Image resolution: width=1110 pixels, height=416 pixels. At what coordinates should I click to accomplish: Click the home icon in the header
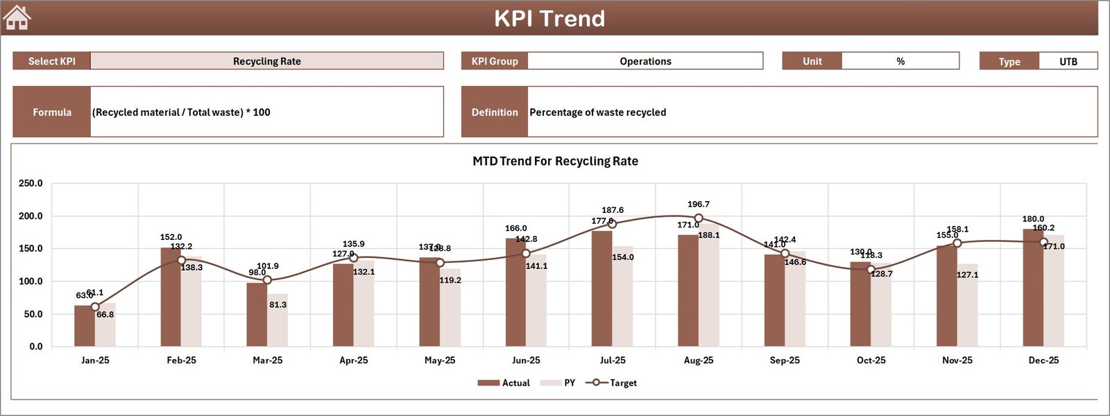(17, 17)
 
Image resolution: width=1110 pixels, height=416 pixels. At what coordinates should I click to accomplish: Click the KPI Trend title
(549, 19)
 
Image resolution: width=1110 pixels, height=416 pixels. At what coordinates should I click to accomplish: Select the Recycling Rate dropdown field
(267, 61)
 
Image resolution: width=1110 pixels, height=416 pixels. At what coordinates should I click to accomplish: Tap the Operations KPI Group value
(645, 61)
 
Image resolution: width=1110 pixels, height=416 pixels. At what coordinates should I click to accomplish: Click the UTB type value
(1068, 62)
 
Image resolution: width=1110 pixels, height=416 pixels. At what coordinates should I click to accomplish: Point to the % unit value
(900, 61)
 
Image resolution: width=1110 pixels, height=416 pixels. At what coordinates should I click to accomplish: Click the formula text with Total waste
(182, 112)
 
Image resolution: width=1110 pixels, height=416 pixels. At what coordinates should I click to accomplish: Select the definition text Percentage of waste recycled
(597, 112)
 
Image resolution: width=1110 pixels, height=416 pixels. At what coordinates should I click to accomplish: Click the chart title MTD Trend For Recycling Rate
(555, 161)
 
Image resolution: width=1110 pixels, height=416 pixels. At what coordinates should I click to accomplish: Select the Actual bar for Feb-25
(171, 297)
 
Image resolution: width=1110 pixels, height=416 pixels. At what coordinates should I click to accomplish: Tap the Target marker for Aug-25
(699, 218)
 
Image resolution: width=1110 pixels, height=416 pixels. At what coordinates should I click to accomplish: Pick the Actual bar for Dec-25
(1033, 288)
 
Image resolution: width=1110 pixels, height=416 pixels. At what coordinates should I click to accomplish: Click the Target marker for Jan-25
(95, 306)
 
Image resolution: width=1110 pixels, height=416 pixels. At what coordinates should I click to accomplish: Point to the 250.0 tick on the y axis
(31, 184)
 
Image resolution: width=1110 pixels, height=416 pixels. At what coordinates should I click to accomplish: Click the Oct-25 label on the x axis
(871, 361)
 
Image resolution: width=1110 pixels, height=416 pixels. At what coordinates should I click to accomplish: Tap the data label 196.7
(699, 205)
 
